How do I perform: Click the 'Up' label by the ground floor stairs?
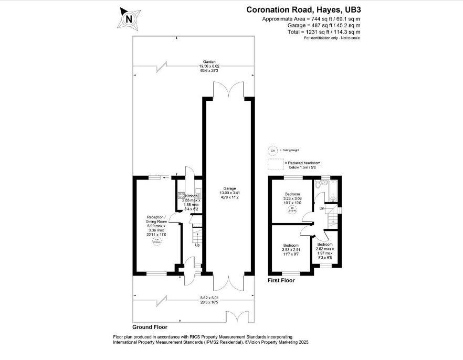coord(197,245)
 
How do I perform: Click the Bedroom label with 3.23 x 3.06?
coord(291,194)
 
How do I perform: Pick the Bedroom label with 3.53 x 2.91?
coord(291,245)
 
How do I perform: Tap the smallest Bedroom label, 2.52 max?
coord(325,245)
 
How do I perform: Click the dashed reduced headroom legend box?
coord(276,164)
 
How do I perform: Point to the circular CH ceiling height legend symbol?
coord(272,151)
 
